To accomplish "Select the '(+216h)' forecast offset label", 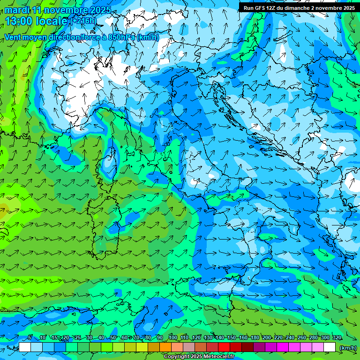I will [83, 21].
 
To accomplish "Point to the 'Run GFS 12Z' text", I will [260, 8].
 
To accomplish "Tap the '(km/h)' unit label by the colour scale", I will [348, 347].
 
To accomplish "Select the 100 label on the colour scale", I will [172, 337].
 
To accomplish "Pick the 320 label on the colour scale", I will [337, 337].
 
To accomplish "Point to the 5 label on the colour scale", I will [30, 337].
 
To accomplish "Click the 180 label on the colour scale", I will [255, 337].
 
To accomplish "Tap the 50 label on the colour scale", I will [113, 337].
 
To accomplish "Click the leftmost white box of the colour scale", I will [25, 347].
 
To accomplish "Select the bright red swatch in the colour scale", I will [224, 347].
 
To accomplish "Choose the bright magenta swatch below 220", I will [283, 347].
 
